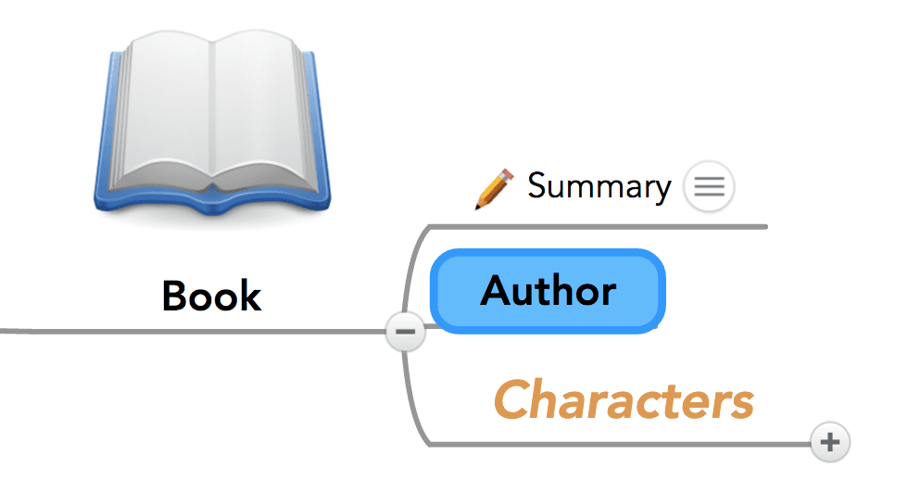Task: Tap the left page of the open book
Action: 162,111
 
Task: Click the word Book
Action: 211,297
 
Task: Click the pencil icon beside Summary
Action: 494,188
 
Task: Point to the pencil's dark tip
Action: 479,205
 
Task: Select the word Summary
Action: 599,186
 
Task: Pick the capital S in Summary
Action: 537,186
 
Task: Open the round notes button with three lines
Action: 709,186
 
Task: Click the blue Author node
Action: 549,292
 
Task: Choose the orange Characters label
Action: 623,400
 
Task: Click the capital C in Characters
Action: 512,400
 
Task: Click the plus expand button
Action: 830,442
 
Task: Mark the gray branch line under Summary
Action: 602,226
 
